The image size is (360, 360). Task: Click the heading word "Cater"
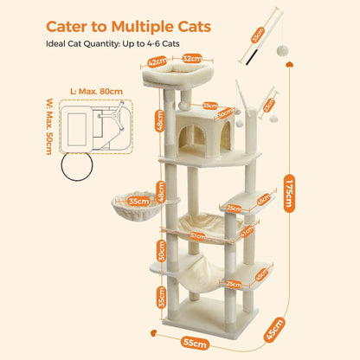coord(73,27)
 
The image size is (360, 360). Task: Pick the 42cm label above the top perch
coord(157,62)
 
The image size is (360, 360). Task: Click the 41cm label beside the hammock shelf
coord(247,231)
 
